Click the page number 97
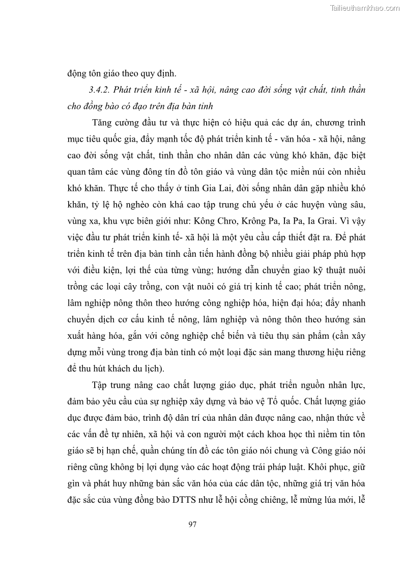[x=192, y=524]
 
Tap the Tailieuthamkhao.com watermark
[x=365, y=8]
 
